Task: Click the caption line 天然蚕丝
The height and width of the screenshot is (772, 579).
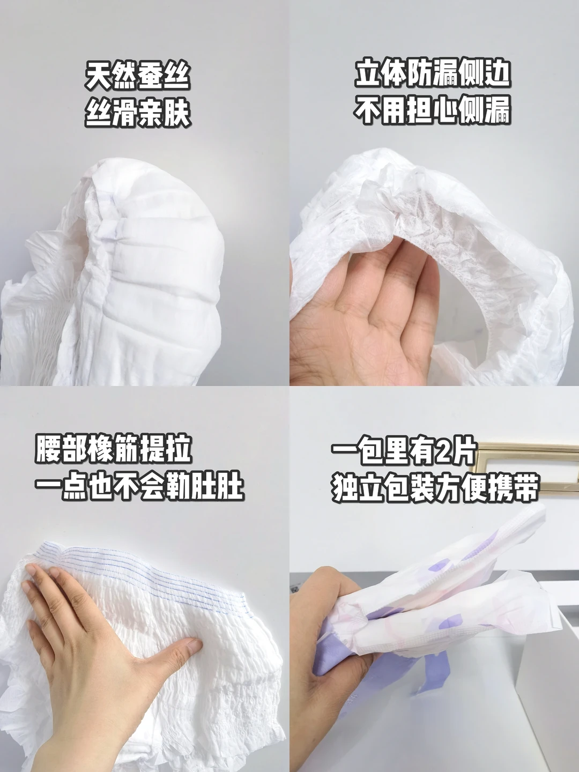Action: (x=138, y=76)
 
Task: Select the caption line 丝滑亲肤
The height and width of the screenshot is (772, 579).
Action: (x=138, y=113)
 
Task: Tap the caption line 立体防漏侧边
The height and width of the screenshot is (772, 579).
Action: (x=432, y=74)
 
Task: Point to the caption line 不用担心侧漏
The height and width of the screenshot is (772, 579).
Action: (x=432, y=111)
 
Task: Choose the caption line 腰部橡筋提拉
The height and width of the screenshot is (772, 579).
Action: (x=113, y=449)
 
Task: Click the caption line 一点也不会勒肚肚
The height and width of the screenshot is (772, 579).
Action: (x=139, y=487)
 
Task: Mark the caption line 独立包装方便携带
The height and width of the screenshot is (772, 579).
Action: (x=434, y=488)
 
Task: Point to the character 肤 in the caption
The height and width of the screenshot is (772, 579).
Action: (x=178, y=113)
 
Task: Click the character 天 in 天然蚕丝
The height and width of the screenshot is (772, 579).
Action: (x=98, y=76)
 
